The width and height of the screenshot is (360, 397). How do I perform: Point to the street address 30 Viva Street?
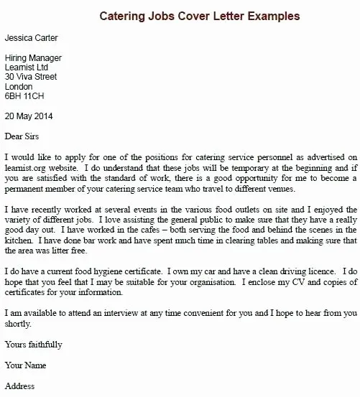(x=32, y=76)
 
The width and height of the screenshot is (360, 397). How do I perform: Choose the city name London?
(x=19, y=85)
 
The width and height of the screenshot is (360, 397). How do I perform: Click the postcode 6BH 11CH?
(x=24, y=95)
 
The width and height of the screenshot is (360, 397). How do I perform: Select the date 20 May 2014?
(x=28, y=116)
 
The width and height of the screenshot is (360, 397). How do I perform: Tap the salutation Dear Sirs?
(x=24, y=136)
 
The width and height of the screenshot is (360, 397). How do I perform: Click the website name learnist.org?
(x=25, y=167)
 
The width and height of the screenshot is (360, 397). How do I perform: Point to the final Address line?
(x=19, y=386)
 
